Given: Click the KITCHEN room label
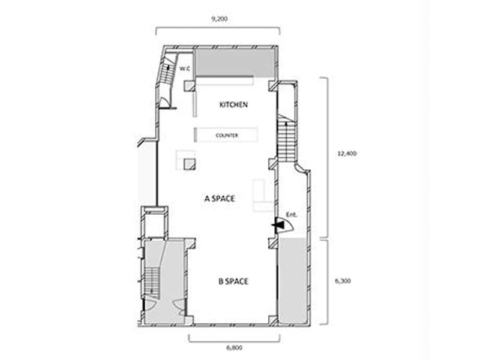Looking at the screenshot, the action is coord(233,104).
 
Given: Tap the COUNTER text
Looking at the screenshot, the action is coord(227,136).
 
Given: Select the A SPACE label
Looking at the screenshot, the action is coord(220,199).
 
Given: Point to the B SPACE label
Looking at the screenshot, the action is coord(233,281).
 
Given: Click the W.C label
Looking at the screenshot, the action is coord(185,69).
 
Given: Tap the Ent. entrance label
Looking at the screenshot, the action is coord(292,215).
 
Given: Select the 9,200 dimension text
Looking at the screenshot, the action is coord(220,19).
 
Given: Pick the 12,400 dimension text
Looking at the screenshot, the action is coord(347,154).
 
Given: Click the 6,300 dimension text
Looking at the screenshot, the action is coord(343,281).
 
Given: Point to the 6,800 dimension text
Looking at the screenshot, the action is coord(235,347).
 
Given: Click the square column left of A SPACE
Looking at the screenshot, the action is coord(190,164).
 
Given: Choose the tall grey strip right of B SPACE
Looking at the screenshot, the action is coord(293,280).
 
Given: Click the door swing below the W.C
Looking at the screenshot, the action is coord(164,103).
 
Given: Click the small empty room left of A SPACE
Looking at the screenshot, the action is coord(155,225).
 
